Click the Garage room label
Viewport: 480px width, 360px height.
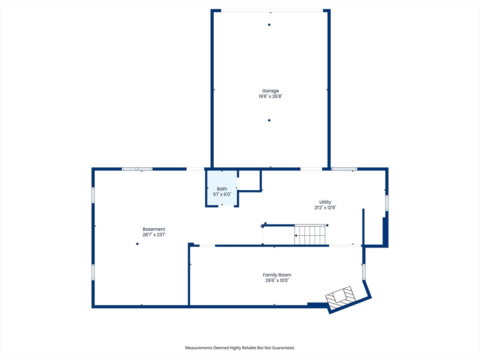270,91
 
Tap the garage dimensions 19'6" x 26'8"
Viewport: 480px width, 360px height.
270,96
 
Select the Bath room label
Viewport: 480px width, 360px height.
222,189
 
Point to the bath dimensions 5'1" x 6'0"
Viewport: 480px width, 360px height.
222,195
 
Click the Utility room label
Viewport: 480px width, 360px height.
325,202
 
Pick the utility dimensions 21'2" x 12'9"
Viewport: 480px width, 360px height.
325,208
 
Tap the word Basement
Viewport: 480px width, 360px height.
154,229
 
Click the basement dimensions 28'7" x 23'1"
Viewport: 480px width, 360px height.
154,235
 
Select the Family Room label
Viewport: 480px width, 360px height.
277,275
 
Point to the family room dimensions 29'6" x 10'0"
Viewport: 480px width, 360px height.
277,280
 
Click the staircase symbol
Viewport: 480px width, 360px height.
310,235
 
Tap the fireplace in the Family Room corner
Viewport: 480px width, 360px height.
340,298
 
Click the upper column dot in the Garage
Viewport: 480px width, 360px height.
269,25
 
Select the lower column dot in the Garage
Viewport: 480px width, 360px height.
269,120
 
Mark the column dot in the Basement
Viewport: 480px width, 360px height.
137,244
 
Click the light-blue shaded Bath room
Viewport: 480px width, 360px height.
222,188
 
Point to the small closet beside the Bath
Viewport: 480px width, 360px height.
249,180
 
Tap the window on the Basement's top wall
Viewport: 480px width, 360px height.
137,169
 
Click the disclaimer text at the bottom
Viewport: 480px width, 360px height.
240,348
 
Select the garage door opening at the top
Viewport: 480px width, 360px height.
272,11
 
